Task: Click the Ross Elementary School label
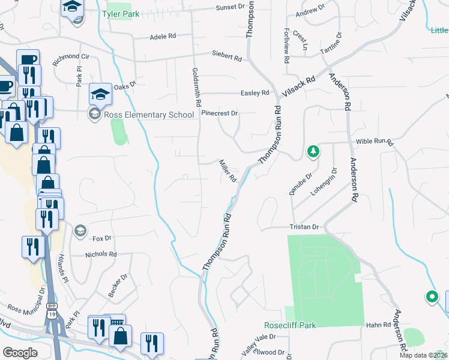[147, 114]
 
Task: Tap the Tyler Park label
[122, 13]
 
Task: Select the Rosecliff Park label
[289, 325]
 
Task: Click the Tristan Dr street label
[304, 227]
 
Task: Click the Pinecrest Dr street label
[220, 113]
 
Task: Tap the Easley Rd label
[255, 93]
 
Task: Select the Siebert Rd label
[226, 58]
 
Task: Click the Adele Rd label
[163, 37]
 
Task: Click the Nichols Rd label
[101, 254]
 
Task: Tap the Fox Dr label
[103, 238]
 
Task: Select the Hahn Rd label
[378, 325]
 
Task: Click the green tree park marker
[312, 152]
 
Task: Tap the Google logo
[20, 353]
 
